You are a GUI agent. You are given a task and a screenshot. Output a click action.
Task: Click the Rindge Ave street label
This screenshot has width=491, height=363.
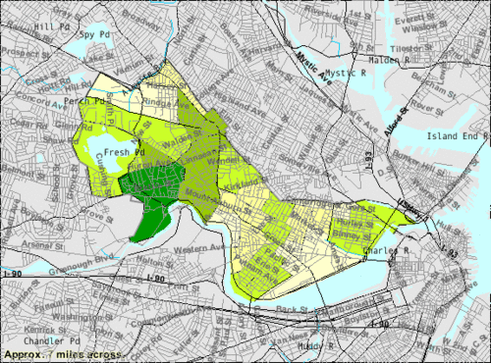coord(162,98)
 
